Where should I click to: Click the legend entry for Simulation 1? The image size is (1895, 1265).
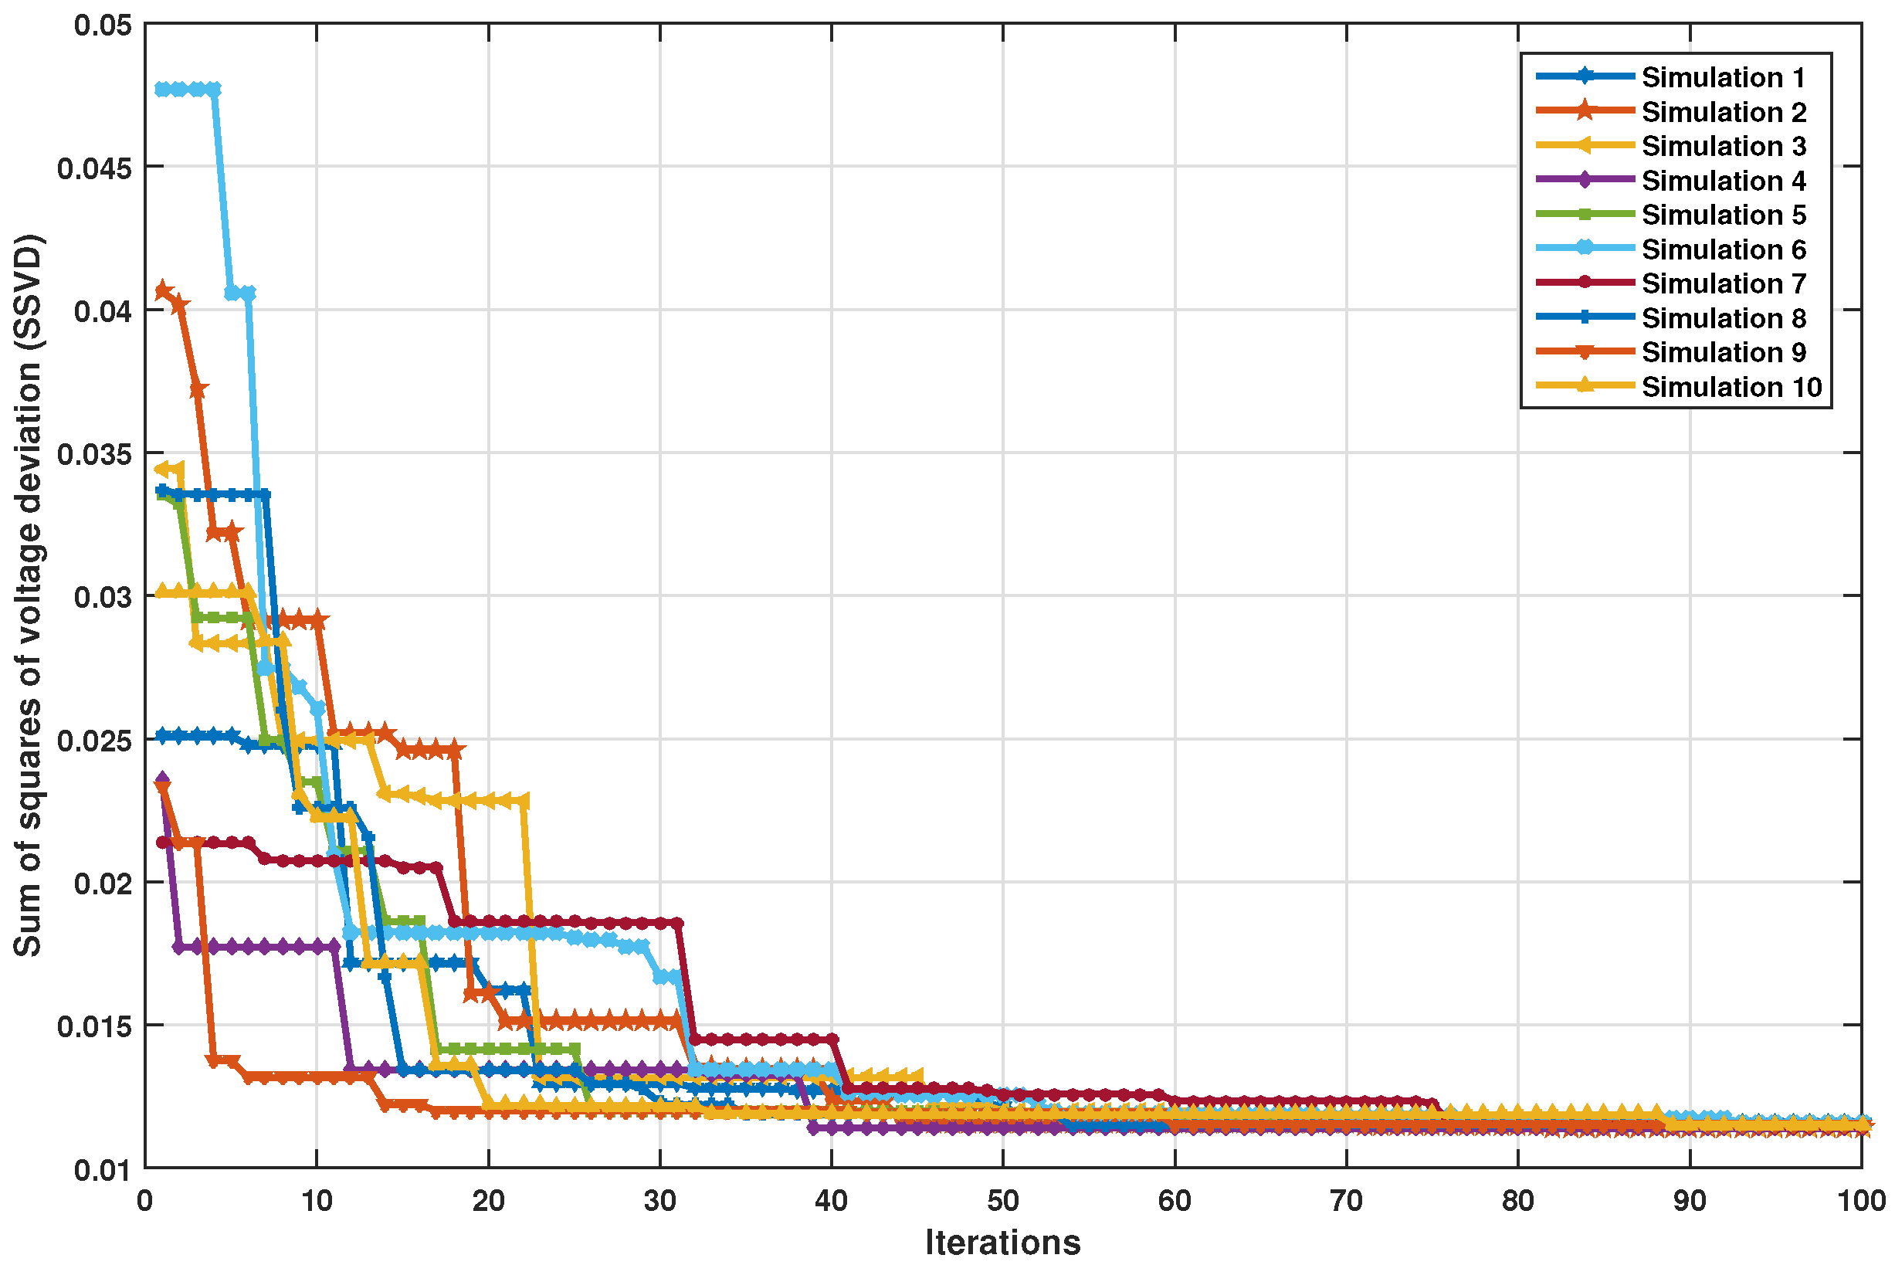pos(1722,77)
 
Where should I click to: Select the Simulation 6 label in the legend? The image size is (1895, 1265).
pos(1722,250)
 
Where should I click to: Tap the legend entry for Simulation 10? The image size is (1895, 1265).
pos(1731,387)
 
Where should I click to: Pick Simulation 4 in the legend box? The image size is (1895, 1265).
pos(1722,181)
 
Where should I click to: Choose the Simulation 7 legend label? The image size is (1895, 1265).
pos(1722,284)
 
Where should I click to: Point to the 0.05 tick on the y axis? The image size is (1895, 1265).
pos(103,25)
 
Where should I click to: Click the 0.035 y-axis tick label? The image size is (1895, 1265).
pos(94,454)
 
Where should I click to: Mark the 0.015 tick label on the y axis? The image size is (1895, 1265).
pos(94,1027)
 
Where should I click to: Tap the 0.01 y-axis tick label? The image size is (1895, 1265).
pos(103,1170)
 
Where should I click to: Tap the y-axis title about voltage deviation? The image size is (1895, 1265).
pos(29,595)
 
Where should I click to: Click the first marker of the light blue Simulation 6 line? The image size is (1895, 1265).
pos(162,90)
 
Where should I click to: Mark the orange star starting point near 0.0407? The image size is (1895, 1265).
pos(162,290)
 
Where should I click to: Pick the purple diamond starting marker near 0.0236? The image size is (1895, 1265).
pos(162,779)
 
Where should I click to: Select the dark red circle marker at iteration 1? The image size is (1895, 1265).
pos(162,843)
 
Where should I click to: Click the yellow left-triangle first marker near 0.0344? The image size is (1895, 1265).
pos(162,470)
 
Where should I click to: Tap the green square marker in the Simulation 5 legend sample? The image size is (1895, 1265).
pos(1585,215)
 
